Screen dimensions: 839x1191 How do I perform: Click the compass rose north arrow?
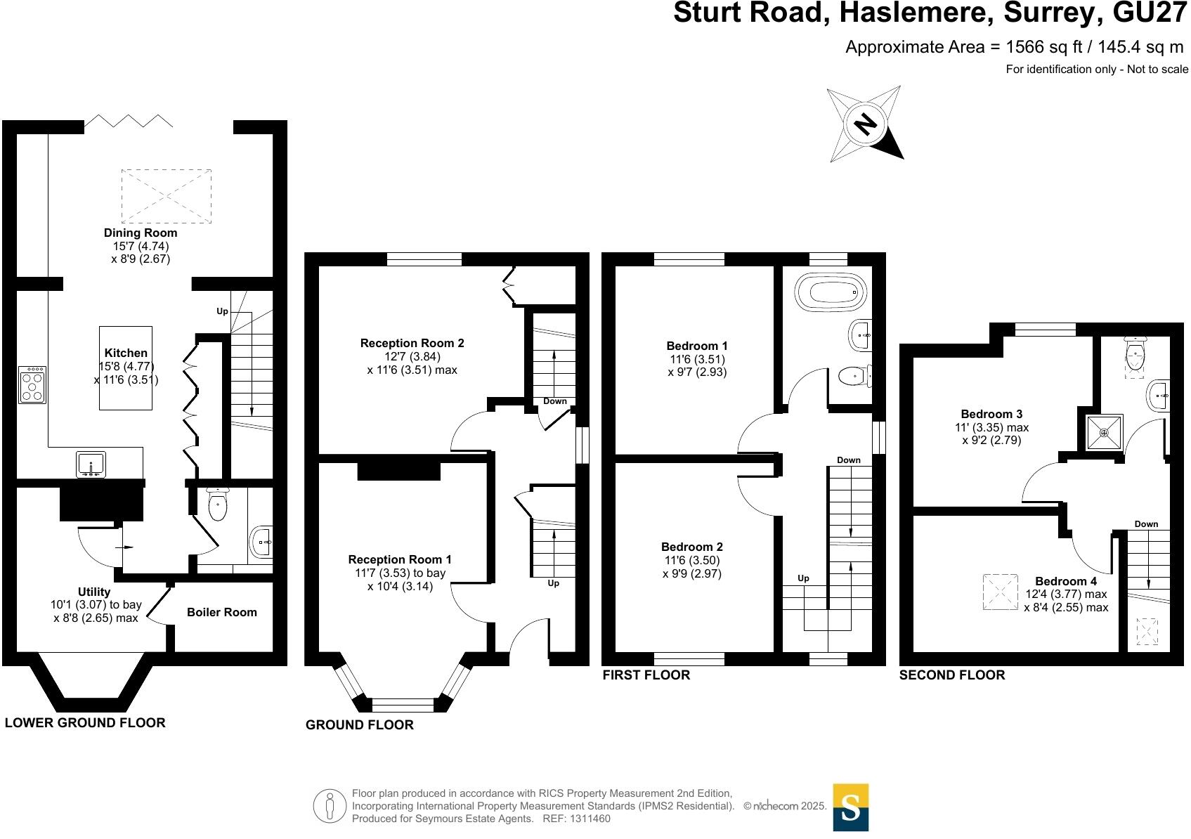click(x=866, y=124)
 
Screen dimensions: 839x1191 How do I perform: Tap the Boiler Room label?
click(x=221, y=612)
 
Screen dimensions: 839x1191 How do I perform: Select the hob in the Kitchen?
click(x=32, y=385)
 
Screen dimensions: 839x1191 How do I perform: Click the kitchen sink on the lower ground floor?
click(x=91, y=464)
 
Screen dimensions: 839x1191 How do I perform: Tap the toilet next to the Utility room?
click(x=218, y=505)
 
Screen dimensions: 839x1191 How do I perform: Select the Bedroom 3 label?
click(x=991, y=414)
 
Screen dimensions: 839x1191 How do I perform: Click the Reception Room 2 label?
click(x=412, y=343)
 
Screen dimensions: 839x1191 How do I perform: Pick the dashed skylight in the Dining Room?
click(x=166, y=195)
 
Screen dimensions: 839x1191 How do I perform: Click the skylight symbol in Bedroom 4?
click(x=1000, y=592)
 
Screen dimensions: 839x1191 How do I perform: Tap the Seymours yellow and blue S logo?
click(x=850, y=807)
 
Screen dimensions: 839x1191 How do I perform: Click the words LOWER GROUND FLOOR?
click(x=85, y=722)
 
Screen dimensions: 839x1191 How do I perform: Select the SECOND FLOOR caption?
click(x=952, y=675)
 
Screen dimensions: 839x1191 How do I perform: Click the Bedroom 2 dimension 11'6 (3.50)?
click(x=691, y=560)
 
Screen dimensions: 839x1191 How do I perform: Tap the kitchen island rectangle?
click(x=126, y=368)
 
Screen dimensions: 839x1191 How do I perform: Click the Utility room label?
click(x=94, y=592)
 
